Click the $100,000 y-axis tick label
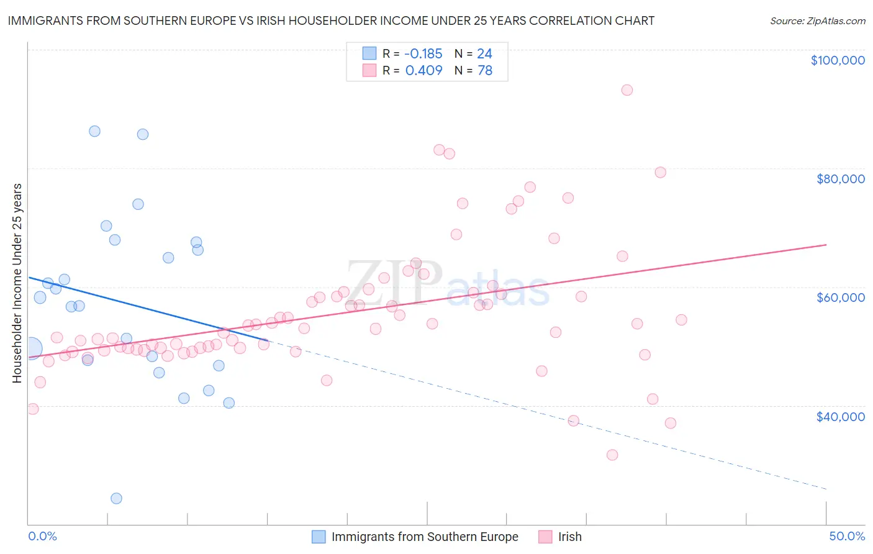coord(837,60)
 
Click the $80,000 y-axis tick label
coord(840,179)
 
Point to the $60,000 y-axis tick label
coord(840,297)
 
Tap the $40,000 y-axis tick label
coord(840,417)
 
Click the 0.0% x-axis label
coord(42,536)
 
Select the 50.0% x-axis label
coord(846,536)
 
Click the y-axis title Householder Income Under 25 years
coord(17,283)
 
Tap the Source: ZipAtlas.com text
coord(817,21)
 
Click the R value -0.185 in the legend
coord(423,53)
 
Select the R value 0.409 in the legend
coord(423,70)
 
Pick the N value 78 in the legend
coord(484,70)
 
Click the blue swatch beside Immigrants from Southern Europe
coord(319,537)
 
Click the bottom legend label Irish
coord(569,537)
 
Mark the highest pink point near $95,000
coord(626,90)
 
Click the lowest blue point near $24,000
coord(116,498)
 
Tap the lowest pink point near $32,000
coord(612,455)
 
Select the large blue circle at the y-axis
coord(31,348)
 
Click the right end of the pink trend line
coord(826,245)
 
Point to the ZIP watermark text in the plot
coord(394,283)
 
